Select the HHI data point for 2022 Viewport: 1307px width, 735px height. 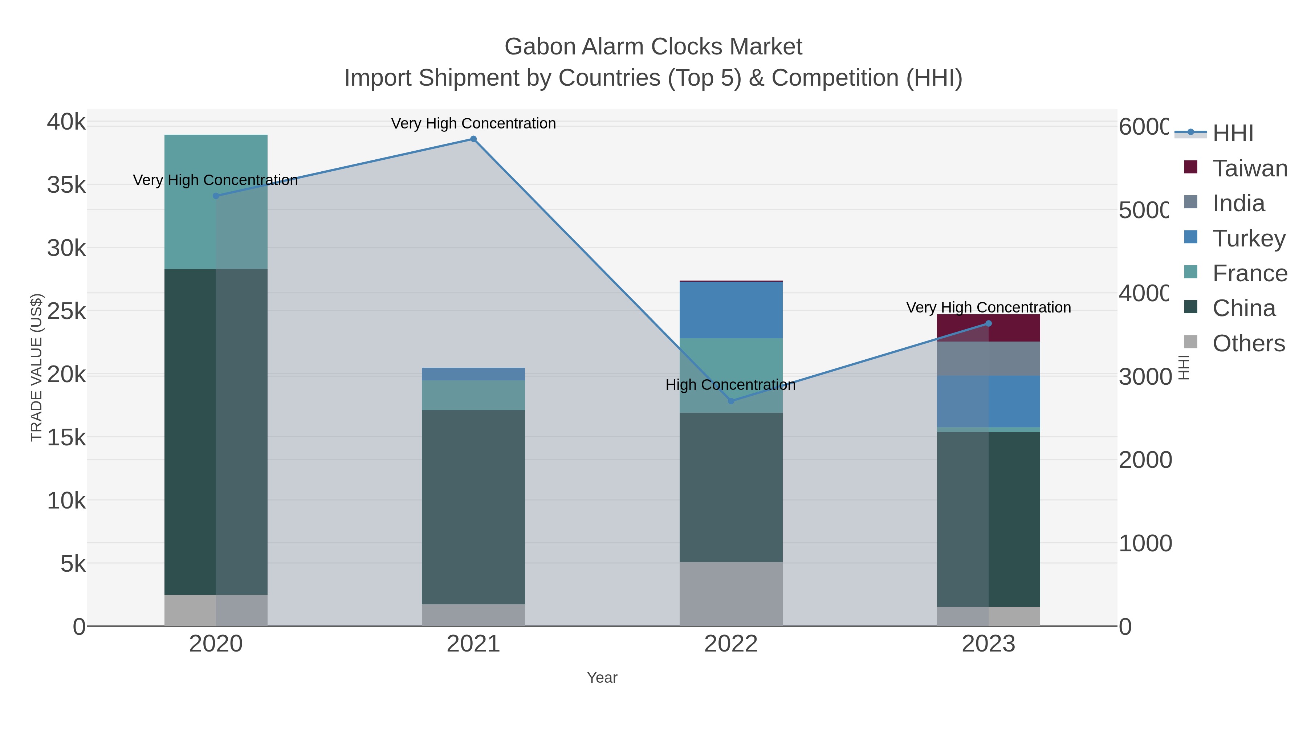[x=730, y=401]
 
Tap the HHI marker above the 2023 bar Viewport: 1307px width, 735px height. [x=988, y=324]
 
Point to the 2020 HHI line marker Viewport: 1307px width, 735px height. [x=216, y=196]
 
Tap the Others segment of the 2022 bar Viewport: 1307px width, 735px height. [x=730, y=593]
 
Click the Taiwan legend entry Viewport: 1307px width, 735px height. [x=1250, y=168]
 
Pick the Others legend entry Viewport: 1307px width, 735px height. [x=1248, y=343]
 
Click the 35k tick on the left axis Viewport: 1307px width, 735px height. [x=66, y=185]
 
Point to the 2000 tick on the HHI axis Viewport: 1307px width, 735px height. [x=1145, y=460]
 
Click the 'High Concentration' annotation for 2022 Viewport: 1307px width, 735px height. [x=730, y=385]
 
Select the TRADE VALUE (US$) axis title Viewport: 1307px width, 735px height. [x=37, y=367]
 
